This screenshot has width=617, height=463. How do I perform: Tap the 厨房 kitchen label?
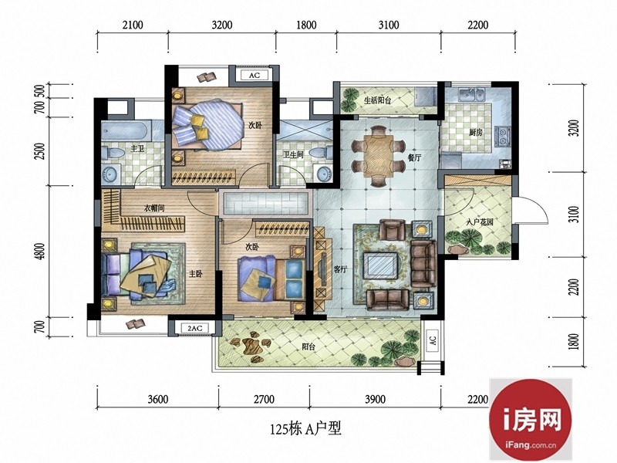click(x=475, y=132)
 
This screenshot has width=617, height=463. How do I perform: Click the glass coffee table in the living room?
click(x=379, y=265)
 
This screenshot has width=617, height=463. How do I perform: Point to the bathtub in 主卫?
click(x=126, y=130)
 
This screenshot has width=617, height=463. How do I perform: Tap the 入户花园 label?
click(x=480, y=222)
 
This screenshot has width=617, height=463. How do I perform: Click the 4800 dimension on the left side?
click(x=39, y=252)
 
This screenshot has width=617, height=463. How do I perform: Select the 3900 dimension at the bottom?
click(x=375, y=400)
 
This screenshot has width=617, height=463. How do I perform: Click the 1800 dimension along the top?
click(x=306, y=25)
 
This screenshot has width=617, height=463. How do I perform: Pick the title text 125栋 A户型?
click(x=305, y=428)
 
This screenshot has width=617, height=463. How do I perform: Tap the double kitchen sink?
click(x=471, y=95)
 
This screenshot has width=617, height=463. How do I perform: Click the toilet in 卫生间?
click(x=321, y=152)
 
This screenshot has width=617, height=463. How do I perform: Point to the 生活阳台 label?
click(x=377, y=100)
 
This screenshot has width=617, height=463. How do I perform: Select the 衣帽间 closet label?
click(x=153, y=208)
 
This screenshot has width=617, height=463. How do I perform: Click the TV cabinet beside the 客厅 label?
click(x=321, y=269)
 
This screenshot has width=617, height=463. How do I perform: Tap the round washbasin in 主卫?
click(x=110, y=174)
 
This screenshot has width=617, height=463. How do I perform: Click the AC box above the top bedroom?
click(x=255, y=75)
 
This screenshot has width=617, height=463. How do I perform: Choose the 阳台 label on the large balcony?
click(x=308, y=346)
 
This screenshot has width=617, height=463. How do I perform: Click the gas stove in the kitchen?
click(x=503, y=136)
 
